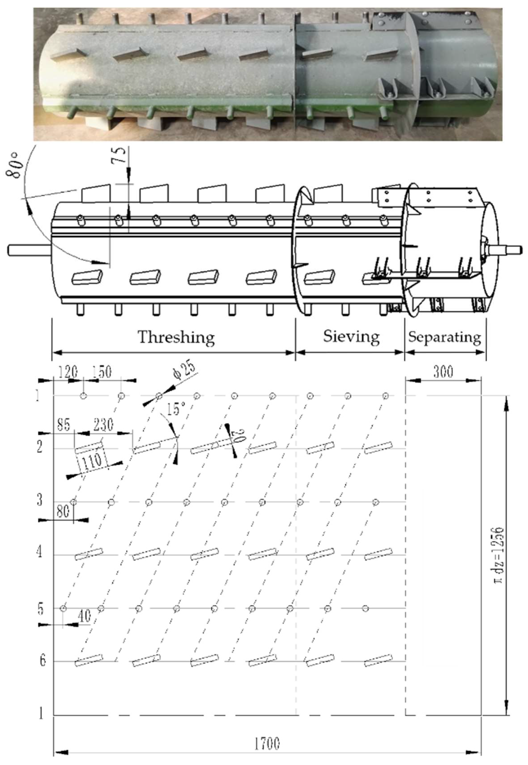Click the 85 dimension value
(64, 425)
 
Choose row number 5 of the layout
(40, 609)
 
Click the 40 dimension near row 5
(85, 616)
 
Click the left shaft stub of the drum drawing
(29, 250)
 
